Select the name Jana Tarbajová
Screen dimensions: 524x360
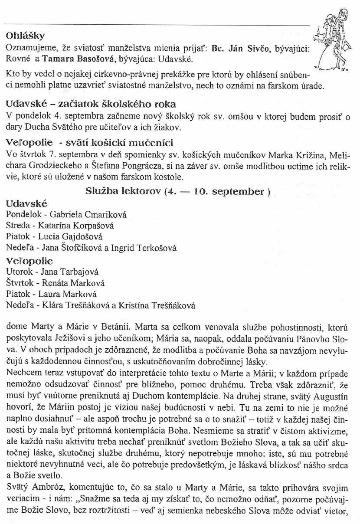pos(69,272)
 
